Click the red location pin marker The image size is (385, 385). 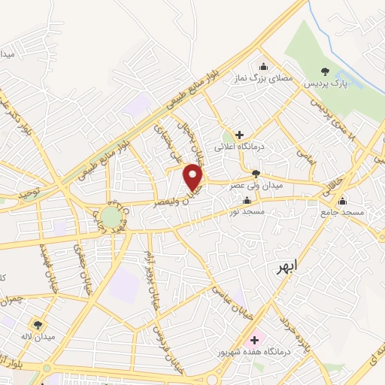pyautogui.click(x=195, y=177)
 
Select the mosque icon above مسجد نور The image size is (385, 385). pyautogui.click(x=247, y=201)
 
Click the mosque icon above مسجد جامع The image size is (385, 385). pyautogui.click(x=343, y=201)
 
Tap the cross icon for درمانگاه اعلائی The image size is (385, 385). pyautogui.click(x=239, y=135)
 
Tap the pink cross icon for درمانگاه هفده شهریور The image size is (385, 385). pyautogui.click(x=254, y=340)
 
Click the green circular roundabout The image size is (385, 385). pyautogui.click(x=112, y=217)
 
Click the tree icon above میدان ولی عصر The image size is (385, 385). pyautogui.click(x=256, y=174)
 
